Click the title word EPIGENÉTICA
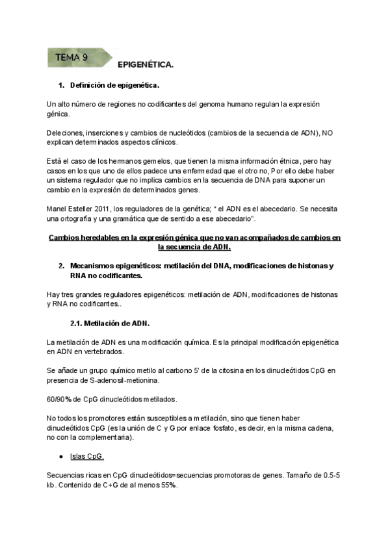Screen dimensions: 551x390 pyautogui.click(x=146, y=66)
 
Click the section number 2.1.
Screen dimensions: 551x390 pyautogui.click(x=78, y=323)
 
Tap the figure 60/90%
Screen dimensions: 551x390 pyautogui.click(x=59, y=398)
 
